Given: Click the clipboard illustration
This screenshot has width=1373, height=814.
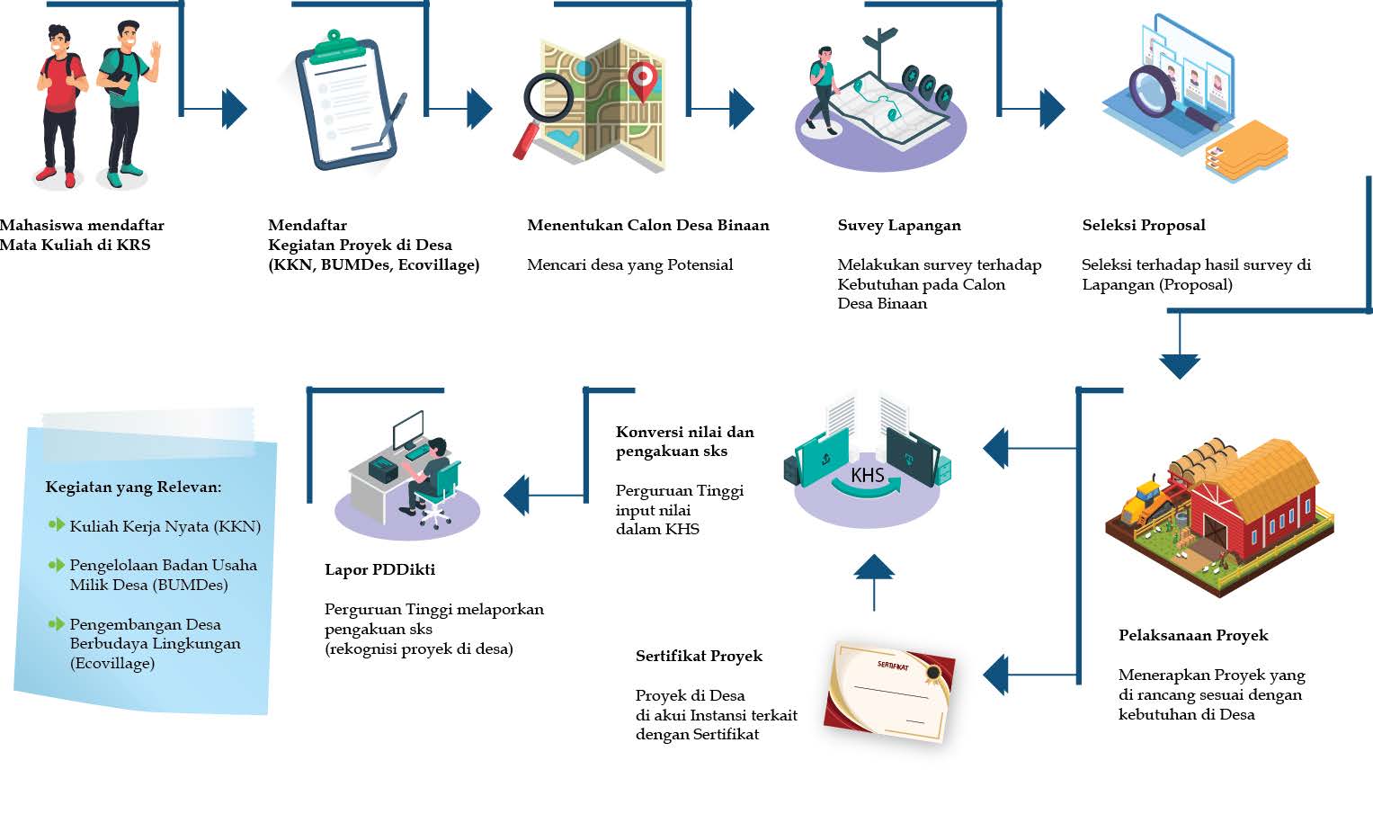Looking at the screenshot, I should [x=346, y=103].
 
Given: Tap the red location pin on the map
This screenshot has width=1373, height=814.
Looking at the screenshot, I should [x=642, y=80].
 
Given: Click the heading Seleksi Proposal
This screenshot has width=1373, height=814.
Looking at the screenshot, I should [x=1144, y=225].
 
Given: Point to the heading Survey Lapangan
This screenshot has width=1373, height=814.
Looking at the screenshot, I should [x=899, y=225].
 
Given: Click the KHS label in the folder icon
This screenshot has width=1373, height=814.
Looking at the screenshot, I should [x=867, y=475].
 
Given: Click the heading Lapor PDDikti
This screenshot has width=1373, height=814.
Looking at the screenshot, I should [x=379, y=569].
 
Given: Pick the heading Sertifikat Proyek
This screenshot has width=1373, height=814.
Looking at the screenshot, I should [x=699, y=656].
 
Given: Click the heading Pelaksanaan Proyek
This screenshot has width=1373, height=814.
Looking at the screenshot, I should [x=1193, y=635].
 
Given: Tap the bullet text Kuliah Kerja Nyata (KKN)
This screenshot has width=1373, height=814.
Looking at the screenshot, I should [x=165, y=526].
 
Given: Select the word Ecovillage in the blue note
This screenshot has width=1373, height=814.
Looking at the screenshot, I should [x=113, y=663].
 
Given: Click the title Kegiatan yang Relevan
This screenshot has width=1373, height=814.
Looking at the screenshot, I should [x=133, y=487].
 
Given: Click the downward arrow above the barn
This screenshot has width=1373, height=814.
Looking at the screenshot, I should [x=1180, y=360].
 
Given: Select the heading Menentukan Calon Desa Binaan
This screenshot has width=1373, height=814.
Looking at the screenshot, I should [x=648, y=225].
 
